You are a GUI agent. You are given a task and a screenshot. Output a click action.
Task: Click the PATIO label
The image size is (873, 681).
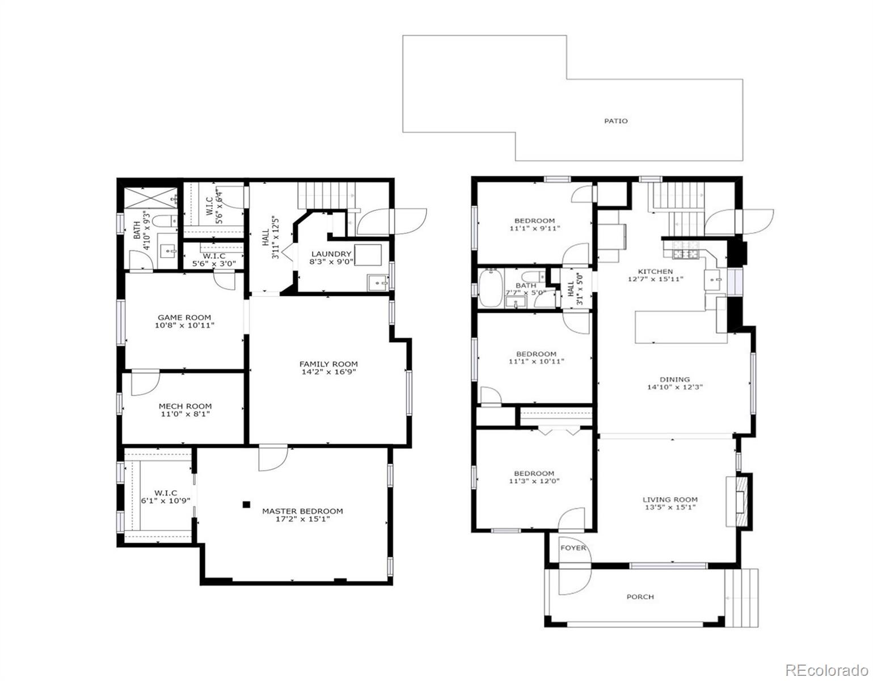point(615,121)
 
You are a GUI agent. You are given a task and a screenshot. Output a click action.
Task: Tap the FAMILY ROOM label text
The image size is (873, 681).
point(328,364)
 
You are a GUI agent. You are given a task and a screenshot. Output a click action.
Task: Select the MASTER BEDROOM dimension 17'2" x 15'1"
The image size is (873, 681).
point(302,519)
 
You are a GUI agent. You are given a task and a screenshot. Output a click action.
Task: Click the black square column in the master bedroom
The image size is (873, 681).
point(246,503)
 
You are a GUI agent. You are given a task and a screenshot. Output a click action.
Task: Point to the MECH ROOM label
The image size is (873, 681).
point(185,406)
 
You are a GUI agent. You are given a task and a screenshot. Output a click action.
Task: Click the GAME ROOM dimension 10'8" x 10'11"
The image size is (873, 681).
point(184,326)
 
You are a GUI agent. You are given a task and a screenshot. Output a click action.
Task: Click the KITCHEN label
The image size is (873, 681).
point(656,271)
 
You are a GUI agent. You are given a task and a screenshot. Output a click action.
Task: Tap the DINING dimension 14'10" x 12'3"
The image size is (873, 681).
point(675,388)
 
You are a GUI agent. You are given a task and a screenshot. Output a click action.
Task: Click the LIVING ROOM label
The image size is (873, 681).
point(669,499)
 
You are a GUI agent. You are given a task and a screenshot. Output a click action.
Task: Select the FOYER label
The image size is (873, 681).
point(573,548)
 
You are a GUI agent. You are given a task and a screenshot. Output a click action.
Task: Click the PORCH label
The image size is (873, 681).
point(640,596)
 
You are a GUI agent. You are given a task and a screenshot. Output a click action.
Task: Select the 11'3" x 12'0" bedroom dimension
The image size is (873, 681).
point(534,481)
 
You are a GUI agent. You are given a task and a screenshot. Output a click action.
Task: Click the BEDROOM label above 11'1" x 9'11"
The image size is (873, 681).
point(534,220)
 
